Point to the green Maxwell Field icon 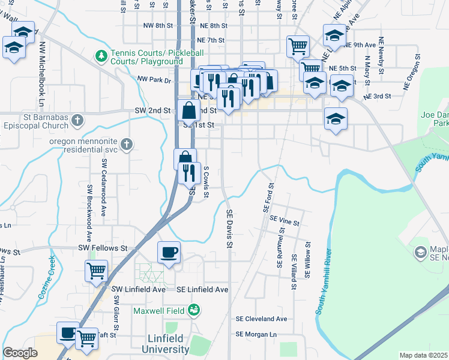coord(194,310)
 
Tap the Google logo coord(20,353)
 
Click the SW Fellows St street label coord(103,248)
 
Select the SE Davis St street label coord(229,228)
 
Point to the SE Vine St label coord(285,222)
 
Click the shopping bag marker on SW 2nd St coord(188,110)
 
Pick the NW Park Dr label coord(154,79)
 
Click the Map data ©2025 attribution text coord(423,355)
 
